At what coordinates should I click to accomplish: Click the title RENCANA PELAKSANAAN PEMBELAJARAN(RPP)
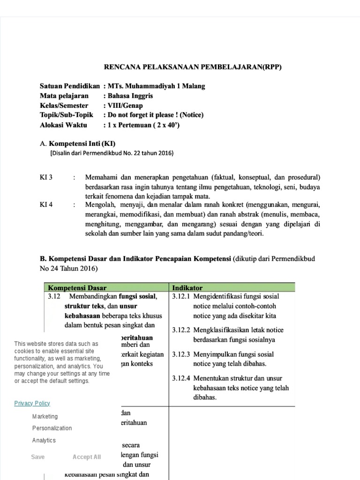[x=192, y=67]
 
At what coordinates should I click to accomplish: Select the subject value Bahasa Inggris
[x=130, y=96]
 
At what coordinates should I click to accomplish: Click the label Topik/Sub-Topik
[x=67, y=115]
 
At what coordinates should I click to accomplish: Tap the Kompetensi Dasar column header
[x=77, y=287]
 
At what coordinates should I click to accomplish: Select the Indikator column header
[x=187, y=287]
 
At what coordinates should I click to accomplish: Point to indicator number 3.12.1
[x=181, y=297]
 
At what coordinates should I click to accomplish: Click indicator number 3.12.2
[x=181, y=330]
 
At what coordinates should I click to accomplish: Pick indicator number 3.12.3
[x=181, y=354]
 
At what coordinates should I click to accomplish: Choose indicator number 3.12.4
[x=181, y=378]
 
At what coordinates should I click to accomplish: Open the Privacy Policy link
[x=32, y=403]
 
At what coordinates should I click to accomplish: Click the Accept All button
[x=87, y=457]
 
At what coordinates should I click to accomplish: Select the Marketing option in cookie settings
[x=45, y=416]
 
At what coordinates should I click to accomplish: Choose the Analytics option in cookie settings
[x=44, y=440]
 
